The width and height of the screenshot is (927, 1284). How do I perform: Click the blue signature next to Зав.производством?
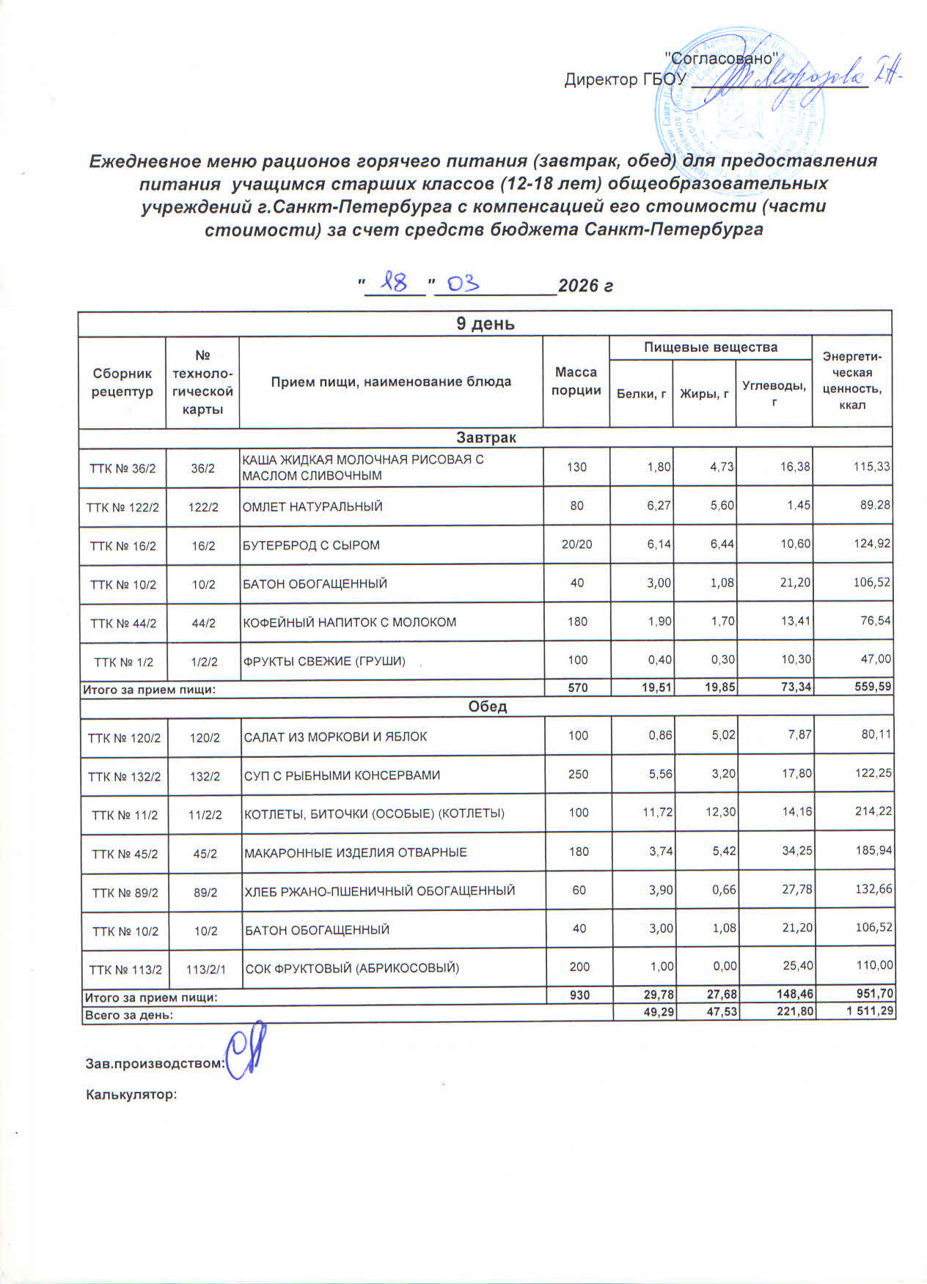[244, 1055]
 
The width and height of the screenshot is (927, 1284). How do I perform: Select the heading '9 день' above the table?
[485, 324]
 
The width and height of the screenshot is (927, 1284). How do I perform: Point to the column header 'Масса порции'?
[576, 381]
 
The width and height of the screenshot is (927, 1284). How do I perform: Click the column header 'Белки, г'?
[641, 394]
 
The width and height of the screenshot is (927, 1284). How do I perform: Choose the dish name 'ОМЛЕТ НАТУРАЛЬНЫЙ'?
[312, 506]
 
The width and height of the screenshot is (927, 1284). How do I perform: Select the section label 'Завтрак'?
[486, 438]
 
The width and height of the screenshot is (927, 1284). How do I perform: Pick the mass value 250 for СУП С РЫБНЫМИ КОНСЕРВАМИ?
[578, 775]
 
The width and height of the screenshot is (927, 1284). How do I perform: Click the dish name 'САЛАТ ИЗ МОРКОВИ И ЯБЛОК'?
[335, 737]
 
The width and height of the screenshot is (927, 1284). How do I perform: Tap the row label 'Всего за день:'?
[129, 1015]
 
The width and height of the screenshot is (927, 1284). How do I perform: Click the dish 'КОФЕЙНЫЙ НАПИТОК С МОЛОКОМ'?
[350, 622]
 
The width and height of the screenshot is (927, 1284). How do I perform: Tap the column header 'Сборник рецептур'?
[122, 382]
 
